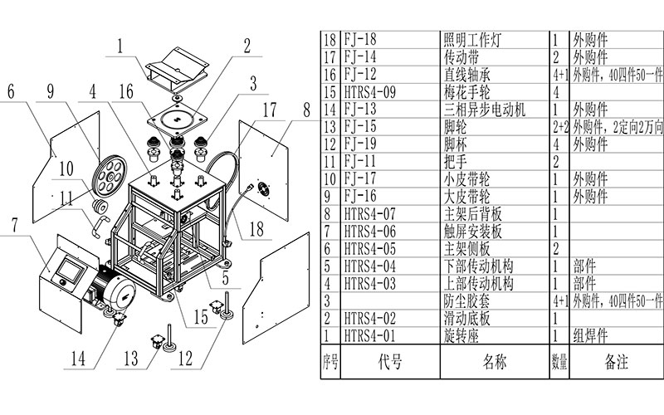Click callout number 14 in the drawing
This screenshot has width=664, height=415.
tap(78, 359)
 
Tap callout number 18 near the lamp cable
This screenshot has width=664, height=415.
tap(256, 229)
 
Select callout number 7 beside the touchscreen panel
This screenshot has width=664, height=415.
tap(15, 224)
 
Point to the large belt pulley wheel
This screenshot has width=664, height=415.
tap(110, 173)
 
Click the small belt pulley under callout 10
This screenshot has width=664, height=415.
tap(100, 206)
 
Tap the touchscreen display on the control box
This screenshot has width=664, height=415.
tap(69, 270)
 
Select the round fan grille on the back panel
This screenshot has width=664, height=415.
tap(263, 188)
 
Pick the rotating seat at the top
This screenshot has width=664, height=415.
tap(177, 69)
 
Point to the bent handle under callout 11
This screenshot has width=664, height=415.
tap(99, 225)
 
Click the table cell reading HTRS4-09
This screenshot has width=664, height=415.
tap(369, 92)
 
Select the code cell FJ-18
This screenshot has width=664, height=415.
tap(360, 39)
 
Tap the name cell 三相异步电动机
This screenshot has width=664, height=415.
tap(484, 110)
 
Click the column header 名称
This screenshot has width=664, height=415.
tap(494, 362)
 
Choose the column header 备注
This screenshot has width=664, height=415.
tap(616, 362)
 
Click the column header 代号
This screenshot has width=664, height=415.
tap(390, 362)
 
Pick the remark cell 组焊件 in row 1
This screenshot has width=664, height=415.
tap(590, 336)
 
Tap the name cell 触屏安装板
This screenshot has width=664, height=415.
tap(472, 232)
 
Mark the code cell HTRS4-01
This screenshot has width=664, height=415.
tap(369, 336)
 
